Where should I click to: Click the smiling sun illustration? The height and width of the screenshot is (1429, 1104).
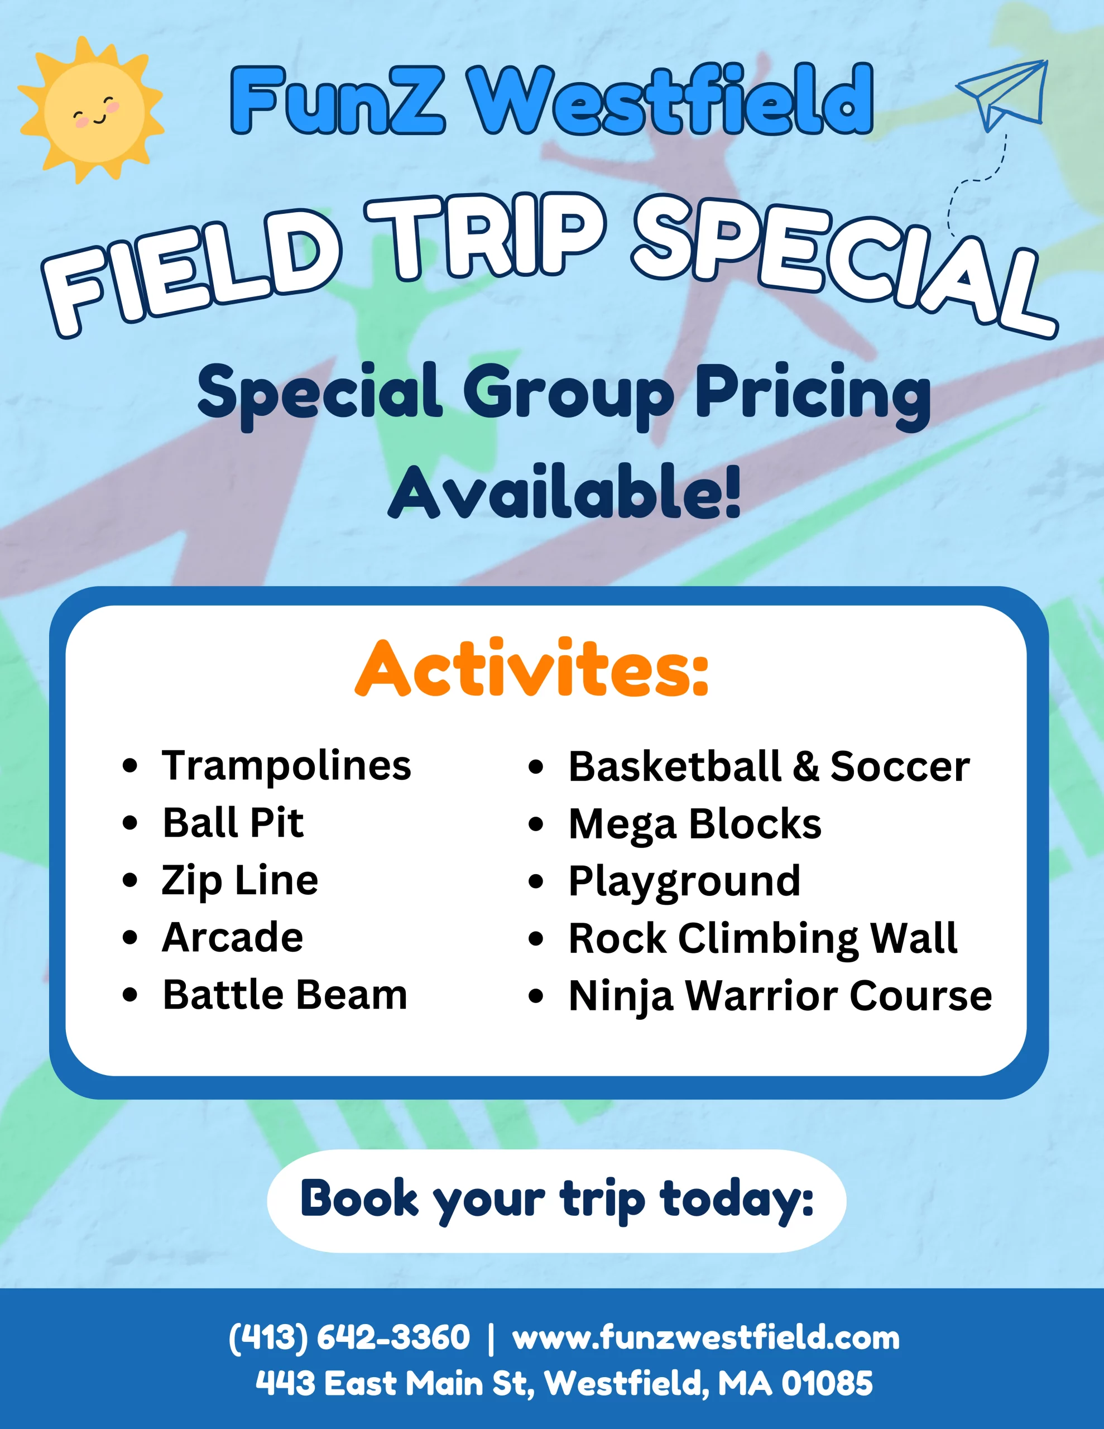pyautogui.click(x=90, y=110)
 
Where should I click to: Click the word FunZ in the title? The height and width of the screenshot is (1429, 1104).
pyautogui.click(x=338, y=99)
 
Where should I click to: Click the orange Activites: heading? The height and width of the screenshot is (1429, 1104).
pyautogui.click(x=531, y=669)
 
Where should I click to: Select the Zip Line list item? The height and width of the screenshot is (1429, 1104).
pyautogui.click(x=240, y=881)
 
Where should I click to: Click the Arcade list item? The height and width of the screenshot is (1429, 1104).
pyautogui.click(x=232, y=937)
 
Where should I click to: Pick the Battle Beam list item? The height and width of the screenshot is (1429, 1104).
pyautogui.click(x=285, y=995)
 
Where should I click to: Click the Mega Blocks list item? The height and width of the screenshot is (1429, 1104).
pyautogui.click(x=695, y=824)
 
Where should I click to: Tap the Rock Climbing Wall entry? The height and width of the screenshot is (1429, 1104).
pyautogui.click(x=763, y=939)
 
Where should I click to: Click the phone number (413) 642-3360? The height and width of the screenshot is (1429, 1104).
pyautogui.click(x=349, y=1337)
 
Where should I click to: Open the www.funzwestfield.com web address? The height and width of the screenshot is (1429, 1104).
pyautogui.click(x=706, y=1337)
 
